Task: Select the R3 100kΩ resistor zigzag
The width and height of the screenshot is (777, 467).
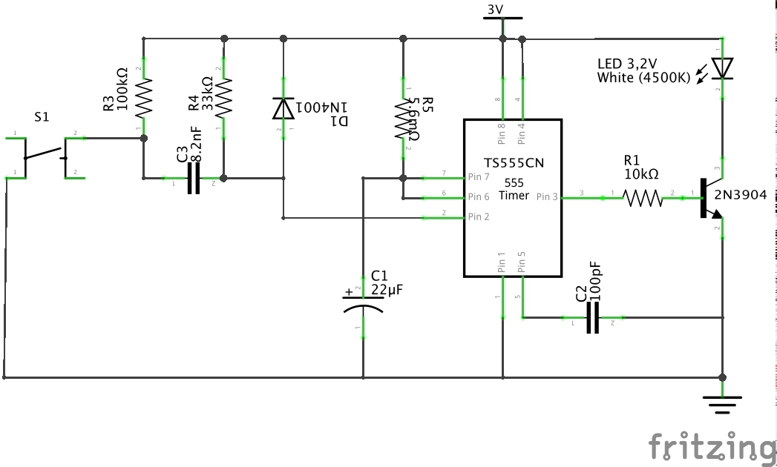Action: [143, 94]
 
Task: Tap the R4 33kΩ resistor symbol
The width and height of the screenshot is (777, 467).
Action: [223, 94]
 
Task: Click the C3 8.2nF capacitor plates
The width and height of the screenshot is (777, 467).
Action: [194, 179]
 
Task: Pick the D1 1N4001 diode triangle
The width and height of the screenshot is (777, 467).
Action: [282, 108]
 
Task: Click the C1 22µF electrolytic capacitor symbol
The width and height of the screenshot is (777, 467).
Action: [363, 304]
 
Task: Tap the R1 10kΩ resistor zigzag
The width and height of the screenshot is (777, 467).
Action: [643, 198]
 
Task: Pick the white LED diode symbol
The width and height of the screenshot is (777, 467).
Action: [721, 68]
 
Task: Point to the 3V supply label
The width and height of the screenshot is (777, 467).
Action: [495, 10]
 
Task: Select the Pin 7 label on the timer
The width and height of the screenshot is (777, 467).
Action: [479, 178]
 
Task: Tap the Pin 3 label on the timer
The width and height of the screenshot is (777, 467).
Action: [545, 197]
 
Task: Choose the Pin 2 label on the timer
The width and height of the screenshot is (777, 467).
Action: [479, 217]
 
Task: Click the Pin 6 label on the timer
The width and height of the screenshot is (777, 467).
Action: [479, 197]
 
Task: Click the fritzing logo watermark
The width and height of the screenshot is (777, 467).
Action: [711, 447]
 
